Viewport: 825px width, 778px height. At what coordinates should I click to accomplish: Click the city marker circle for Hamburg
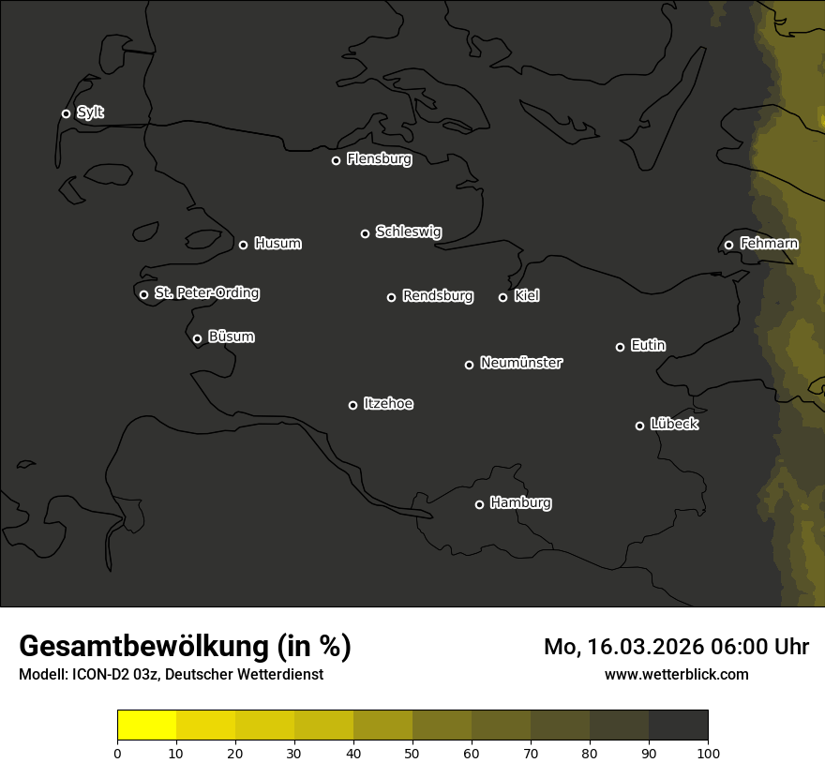(479, 504)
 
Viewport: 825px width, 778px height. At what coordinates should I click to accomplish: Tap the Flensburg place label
(379, 159)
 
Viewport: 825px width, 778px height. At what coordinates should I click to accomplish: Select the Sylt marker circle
(66, 114)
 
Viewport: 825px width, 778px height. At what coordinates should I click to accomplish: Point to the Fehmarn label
(769, 244)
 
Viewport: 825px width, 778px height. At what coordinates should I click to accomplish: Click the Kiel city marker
(502, 297)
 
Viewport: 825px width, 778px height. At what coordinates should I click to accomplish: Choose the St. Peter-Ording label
(206, 293)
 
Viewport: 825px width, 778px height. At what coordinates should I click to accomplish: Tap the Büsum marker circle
(197, 339)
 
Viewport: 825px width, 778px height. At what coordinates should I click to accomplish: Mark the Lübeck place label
(674, 425)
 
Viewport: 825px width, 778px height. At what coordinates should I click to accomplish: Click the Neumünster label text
(521, 363)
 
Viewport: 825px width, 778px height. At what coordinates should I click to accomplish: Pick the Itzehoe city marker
(352, 405)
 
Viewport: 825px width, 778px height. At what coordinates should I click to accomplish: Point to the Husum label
(277, 244)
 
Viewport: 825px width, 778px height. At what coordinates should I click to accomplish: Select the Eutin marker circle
(620, 347)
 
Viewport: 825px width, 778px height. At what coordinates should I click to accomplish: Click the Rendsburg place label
(437, 296)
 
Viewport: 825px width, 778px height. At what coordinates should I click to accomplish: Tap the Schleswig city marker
(365, 233)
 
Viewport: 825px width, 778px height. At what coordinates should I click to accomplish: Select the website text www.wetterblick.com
(676, 674)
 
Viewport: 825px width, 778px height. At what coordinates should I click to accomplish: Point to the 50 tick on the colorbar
(412, 752)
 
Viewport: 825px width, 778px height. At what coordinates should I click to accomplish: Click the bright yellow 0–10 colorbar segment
(146, 726)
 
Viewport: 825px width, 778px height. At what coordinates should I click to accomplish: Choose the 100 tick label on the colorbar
(708, 752)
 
